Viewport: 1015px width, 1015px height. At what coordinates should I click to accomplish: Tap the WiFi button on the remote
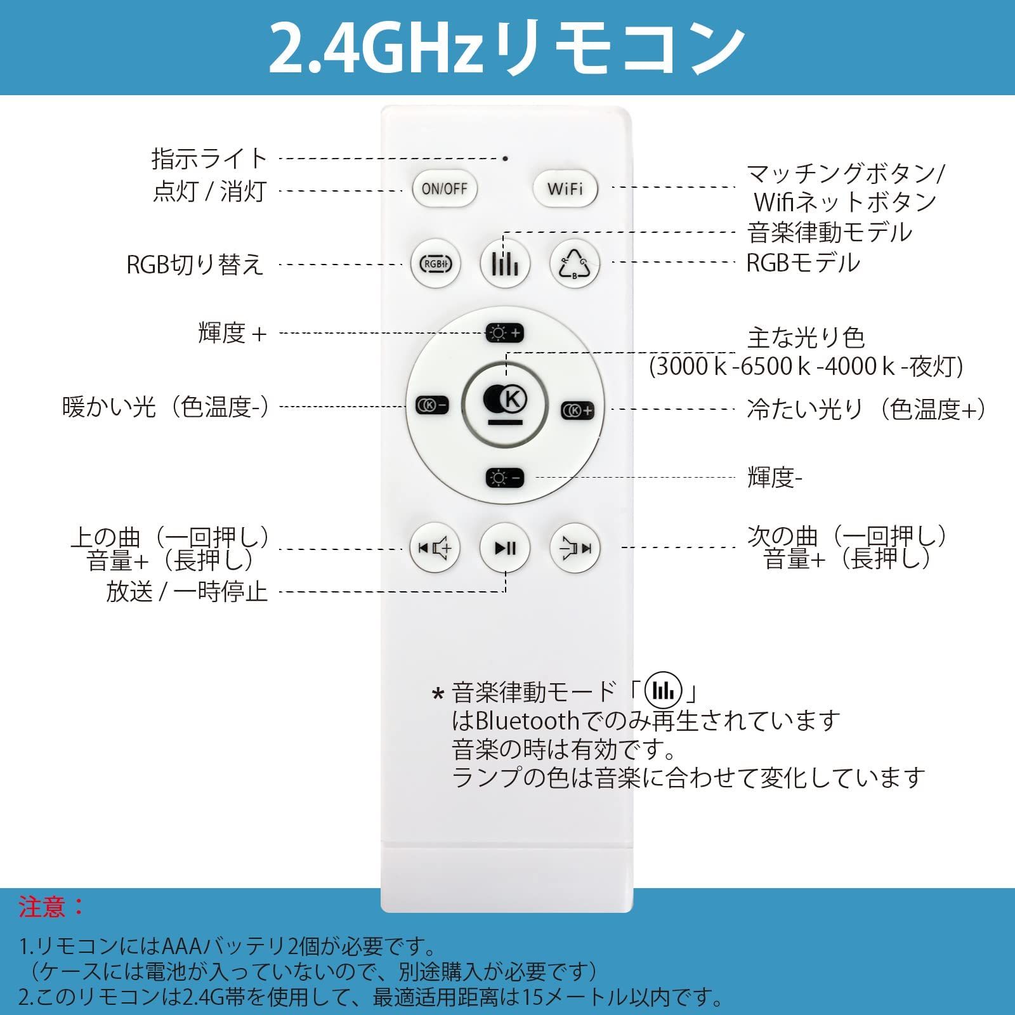(x=565, y=188)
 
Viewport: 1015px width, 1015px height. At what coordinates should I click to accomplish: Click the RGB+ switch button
(x=435, y=264)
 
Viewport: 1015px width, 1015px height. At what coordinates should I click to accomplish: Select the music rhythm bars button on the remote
(x=505, y=264)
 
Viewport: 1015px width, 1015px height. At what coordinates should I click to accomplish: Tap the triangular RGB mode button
(x=574, y=264)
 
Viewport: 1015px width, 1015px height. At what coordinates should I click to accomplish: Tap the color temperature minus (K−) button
(x=432, y=405)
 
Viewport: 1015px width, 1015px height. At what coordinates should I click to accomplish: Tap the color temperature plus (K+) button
(x=577, y=410)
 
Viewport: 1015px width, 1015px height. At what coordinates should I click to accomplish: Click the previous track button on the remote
(x=435, y=548)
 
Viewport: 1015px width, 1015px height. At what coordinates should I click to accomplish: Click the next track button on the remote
(x=574, y=548)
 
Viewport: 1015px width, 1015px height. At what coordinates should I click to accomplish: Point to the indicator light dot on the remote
(x=505, y=159)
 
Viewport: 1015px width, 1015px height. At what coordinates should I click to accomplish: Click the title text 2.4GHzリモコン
(x=507, y=48)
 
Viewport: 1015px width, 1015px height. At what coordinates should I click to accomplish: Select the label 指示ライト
(x=209, y=159)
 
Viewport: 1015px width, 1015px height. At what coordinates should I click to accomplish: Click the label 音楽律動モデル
(x=830, y=232)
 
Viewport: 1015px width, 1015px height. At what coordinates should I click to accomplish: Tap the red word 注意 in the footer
(x=43, y=907)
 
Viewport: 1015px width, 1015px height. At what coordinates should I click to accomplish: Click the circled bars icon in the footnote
(x=663, y=690)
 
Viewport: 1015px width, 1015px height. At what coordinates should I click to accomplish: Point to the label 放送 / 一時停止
(x=187, y=592)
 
